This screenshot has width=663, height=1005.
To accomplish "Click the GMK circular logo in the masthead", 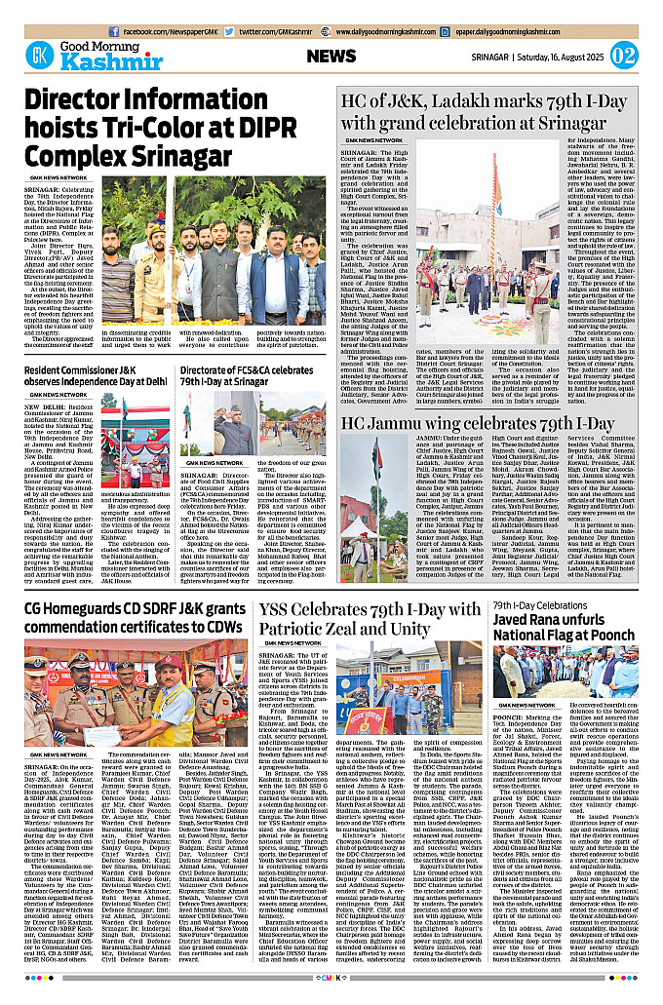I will [39, 55].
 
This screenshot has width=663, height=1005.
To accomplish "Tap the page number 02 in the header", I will [624, 55].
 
